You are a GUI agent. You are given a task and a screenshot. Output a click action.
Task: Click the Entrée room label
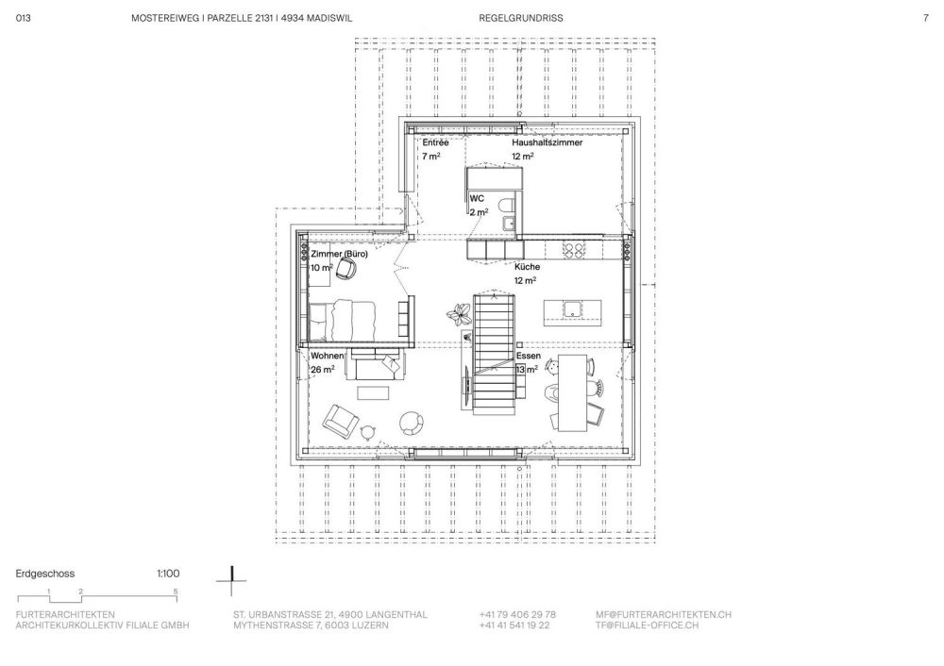click(435, 142)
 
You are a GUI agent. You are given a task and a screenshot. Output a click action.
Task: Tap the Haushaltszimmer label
click(548, 142)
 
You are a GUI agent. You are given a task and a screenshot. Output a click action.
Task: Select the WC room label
click(477, 198)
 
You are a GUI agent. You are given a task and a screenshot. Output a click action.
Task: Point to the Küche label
click(527, 267)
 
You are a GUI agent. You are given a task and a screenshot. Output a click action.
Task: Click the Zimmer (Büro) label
click(339, 254)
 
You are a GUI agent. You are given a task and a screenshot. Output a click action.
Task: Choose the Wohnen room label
click(327, 356)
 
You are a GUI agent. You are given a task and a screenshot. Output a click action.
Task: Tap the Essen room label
click(528, 356)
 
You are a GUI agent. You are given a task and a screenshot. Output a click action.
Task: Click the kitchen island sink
click(572, 309)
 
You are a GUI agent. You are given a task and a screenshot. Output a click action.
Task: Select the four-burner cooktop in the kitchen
click(573, 250)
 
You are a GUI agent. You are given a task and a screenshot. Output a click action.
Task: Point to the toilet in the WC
click(508, 204)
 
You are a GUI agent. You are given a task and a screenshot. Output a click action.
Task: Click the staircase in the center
click(495, 354)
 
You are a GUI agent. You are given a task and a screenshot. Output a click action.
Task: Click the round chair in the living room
click(413, 423)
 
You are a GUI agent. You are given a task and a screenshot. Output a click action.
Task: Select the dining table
click(572, 392)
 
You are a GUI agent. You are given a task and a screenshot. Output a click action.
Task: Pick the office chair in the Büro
click(346, 268)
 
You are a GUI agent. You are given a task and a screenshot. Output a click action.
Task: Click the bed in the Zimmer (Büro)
click(342, 320)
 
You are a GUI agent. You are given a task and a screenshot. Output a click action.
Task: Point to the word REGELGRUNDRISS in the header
click(521, 18)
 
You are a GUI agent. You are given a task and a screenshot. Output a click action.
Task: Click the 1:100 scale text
click(168, 574)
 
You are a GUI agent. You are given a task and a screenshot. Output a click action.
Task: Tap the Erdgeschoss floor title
click(45, 574)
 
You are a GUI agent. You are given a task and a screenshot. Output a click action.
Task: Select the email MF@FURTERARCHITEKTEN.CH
click(664, 614)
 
